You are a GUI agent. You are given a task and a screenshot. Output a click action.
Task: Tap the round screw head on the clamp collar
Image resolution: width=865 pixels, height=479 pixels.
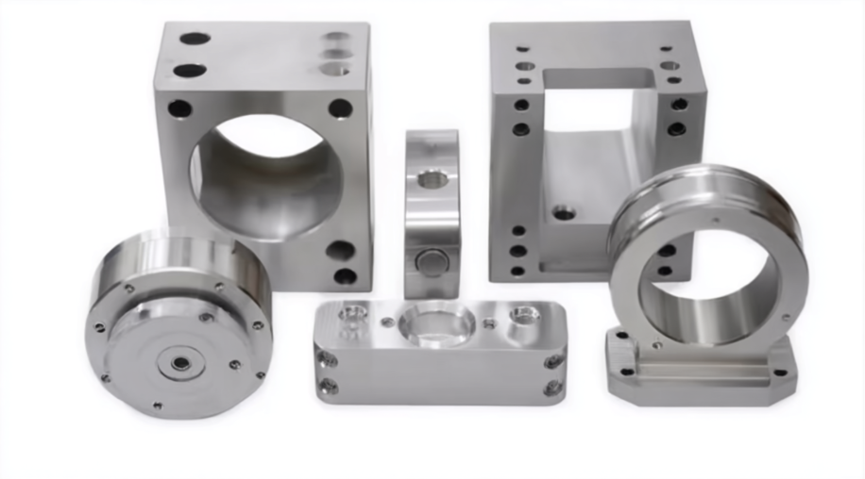coord(432,261)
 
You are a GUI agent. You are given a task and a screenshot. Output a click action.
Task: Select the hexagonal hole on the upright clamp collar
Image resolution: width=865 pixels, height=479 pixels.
coord(432,178)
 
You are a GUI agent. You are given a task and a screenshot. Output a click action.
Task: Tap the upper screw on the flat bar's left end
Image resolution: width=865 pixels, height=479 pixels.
coord(328,359)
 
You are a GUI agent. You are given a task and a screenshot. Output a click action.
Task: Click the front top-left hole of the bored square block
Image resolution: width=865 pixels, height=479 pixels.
coord(179,108)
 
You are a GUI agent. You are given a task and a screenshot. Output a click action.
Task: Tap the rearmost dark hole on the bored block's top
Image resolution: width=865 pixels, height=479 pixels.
coord(195,39)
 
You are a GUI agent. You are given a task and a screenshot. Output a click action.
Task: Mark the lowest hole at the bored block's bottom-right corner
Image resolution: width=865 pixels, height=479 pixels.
coord(346,276)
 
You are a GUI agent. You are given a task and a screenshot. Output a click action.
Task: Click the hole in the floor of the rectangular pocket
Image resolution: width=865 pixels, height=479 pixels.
coord(564,213)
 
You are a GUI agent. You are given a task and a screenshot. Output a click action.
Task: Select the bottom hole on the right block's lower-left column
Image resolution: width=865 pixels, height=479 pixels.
coord(517,271)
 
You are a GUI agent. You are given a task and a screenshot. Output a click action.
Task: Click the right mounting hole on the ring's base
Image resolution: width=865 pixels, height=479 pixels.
coord(780,372)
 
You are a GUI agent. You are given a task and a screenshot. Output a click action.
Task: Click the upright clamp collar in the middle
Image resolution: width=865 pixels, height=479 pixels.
coord(432,212)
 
